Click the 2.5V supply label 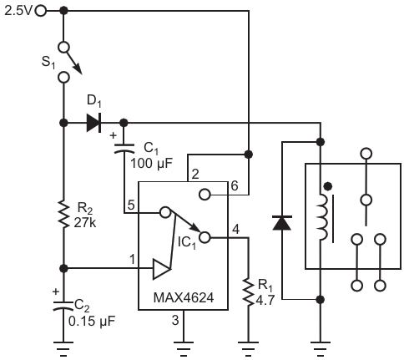pos(18,11)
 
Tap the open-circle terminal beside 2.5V pos(41,11)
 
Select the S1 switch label pos(48,63)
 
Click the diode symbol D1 pos(93,123)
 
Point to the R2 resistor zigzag pos(63,215)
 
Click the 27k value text pos(85,223)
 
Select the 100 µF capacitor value pos(151,163)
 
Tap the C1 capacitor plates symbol pos(124,149)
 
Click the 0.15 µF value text pos(92,322)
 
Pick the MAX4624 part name pos(184,297)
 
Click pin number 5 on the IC pos(131,205)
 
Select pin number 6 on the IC pos(235,185)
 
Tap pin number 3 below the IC pos(175,320)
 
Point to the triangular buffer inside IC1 pos(161,269)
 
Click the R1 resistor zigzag pos(249,292)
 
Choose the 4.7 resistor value pos(265,301)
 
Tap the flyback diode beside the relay pos(282,223)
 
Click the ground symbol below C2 pos(63,348)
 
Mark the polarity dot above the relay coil pos(328,186)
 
